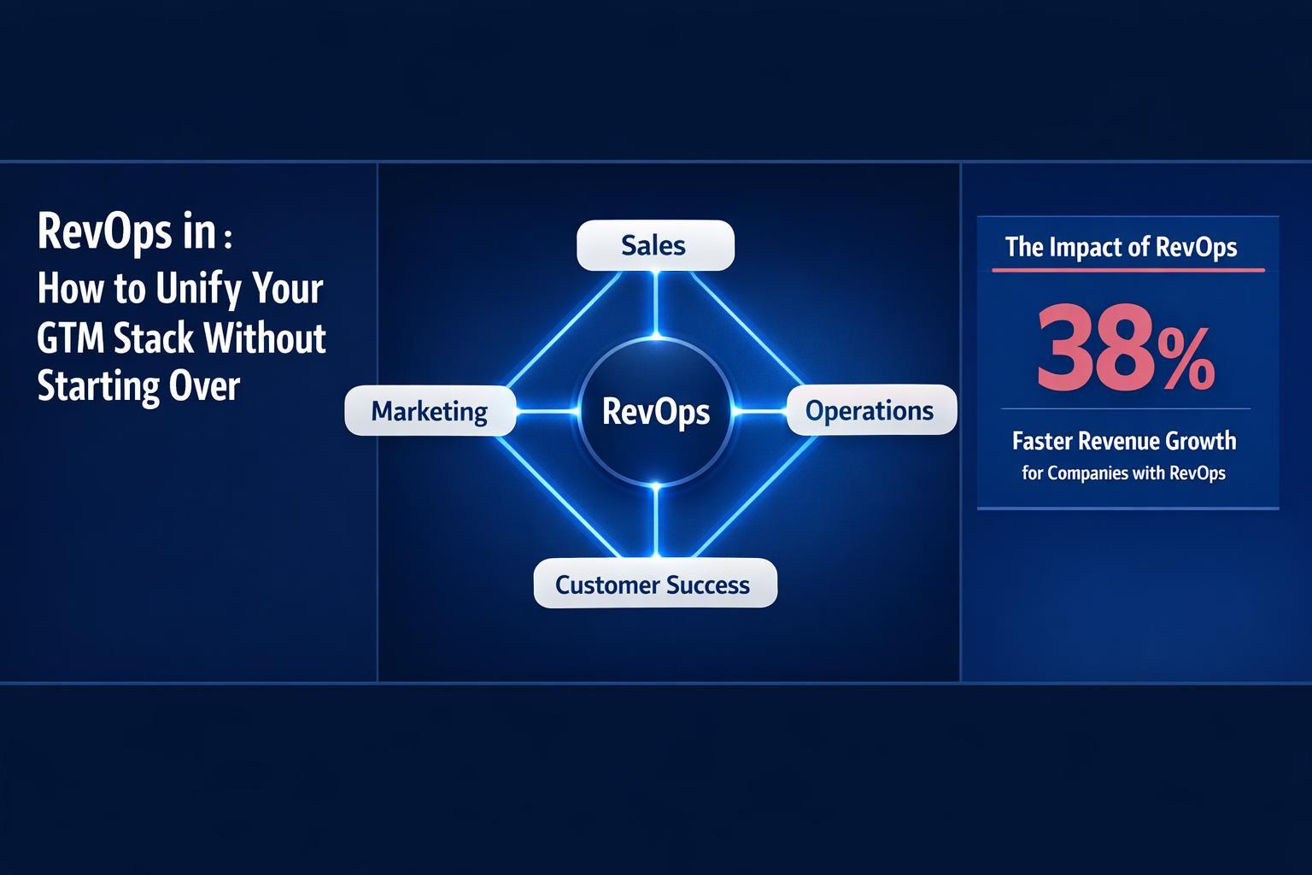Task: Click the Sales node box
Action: [655, 245]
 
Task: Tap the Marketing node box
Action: [430, 411]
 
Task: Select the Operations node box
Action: [870, 410]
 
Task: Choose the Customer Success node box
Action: [654, 584]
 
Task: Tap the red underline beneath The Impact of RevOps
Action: [1127, 270]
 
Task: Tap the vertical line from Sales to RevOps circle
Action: [655, 303]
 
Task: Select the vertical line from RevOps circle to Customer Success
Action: [655, 521]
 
